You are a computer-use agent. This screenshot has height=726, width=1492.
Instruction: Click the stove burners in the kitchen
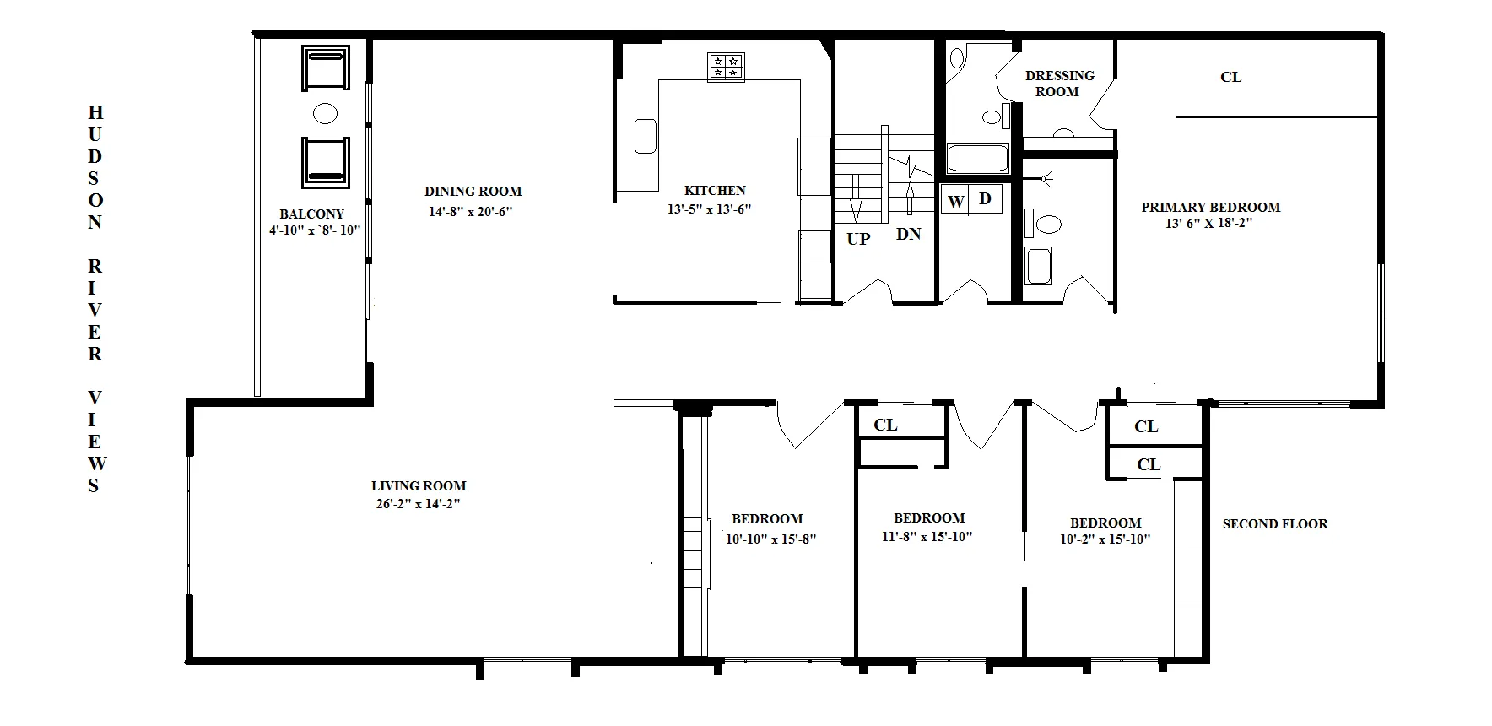726,67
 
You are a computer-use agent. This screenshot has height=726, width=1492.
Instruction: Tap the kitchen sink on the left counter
646,136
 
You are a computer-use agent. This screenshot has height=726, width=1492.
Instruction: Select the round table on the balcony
325,113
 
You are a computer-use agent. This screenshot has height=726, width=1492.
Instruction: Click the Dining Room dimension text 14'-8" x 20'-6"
471,212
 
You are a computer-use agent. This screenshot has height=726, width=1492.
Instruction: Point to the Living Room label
419,485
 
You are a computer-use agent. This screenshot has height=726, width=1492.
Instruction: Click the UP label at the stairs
858,239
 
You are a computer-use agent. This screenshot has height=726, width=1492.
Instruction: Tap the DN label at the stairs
908,234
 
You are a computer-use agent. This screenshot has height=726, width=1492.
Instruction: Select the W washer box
955,201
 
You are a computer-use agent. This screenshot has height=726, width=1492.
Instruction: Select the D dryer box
985,199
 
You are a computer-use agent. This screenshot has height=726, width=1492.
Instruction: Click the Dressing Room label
1059,83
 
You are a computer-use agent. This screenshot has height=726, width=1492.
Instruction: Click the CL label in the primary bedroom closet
1230,77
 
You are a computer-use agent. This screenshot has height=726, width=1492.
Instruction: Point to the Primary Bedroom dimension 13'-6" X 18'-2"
1209,224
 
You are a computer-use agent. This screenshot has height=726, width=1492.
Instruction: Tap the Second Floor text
1275,523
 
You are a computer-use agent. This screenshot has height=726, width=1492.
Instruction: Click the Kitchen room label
715,191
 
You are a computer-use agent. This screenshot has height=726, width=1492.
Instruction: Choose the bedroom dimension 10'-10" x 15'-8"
770,539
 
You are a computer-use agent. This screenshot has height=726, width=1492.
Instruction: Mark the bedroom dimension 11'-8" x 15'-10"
927,537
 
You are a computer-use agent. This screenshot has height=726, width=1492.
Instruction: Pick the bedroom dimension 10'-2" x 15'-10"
1105,539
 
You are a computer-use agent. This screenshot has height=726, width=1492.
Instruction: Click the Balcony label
311,214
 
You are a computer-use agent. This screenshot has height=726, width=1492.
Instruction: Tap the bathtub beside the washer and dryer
977,158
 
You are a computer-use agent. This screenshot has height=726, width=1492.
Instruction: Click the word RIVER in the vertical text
95,310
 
